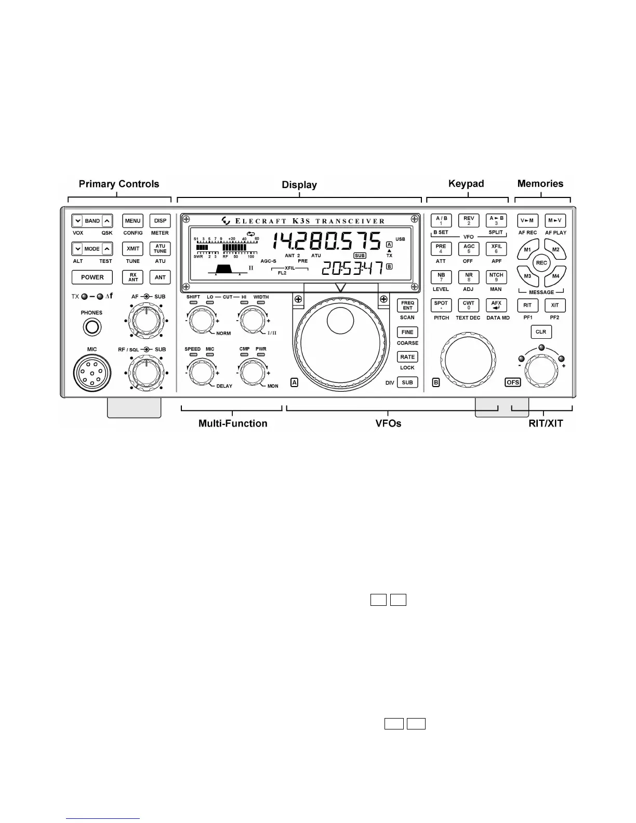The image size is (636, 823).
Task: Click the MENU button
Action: point(132,221)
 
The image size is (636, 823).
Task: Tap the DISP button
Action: point(160,221)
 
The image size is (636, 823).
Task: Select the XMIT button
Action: point(132,249)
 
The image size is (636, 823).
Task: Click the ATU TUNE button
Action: point(160,249)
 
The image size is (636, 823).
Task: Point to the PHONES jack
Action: point(91,327)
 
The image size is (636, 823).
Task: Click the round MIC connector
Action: point(92,373)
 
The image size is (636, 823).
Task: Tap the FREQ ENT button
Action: point(407,306)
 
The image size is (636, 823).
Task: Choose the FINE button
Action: point(407,332)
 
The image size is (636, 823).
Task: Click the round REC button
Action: point(541,263)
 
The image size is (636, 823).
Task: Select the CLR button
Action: point(541,332)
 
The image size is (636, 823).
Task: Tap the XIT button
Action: point(555,306)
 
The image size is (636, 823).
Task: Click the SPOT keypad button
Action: point(441,305)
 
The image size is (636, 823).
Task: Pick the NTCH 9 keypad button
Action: point(496,277)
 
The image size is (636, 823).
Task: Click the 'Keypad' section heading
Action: point(466,184)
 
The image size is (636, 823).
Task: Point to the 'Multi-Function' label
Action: point(233,423)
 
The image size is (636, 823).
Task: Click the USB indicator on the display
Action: point(400,240)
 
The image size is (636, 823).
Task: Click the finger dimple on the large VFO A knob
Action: point(340,320)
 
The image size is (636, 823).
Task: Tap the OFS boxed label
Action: point(512,382)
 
